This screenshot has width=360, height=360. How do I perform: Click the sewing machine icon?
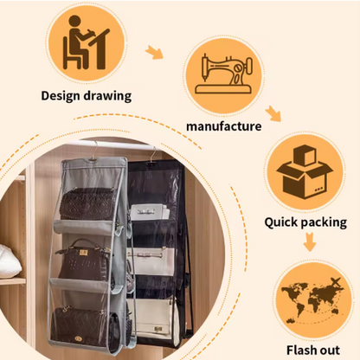point(224,74)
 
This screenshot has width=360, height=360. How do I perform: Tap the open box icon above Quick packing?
point(305,172)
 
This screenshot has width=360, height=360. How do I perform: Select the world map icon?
point(313,300)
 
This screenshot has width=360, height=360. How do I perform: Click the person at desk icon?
point(86,42)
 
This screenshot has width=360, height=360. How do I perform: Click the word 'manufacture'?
point(224,126)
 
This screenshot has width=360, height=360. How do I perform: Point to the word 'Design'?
point(60,96)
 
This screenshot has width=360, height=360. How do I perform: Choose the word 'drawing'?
point(107,96)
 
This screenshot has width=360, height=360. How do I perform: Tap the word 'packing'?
point(325,222)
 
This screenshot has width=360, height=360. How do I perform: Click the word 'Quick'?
point(281,222)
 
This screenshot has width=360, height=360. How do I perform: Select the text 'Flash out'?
point(313,350)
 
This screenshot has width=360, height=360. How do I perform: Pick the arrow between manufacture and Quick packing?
point(273,113)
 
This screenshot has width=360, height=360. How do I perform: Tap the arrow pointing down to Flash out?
point(310,241)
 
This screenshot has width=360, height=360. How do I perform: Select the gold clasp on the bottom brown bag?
point(78,338)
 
